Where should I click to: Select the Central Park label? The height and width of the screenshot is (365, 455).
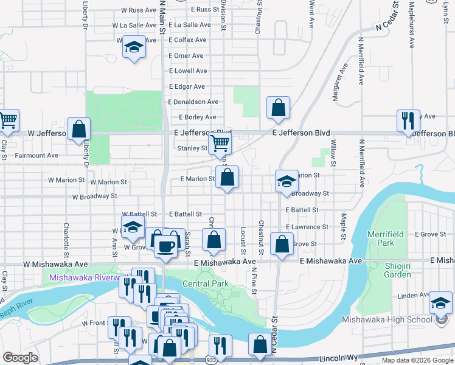pyautogui.click(x=205, y=284)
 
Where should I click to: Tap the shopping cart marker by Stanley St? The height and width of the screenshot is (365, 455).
pyautogui.click(x=220, y=144)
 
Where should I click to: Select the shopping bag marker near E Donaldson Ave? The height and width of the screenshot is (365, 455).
pyautogui.click(x=278, y=108)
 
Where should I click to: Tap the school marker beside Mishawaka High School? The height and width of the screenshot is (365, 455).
pyautogui.click(x=440, y=303)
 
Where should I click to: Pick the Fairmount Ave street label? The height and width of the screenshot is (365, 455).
pyautogui.click(x=37, y=156)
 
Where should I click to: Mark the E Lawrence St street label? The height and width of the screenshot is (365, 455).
pyautogui.click(x=308, y=227)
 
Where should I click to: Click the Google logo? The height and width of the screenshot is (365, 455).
pyautogui.click(x=20, y=358)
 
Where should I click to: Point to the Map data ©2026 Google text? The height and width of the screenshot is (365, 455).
pyautogui.click(x=417, y=360)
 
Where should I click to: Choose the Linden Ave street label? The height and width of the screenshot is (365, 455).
pyautogui.click(x=414, y=296)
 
